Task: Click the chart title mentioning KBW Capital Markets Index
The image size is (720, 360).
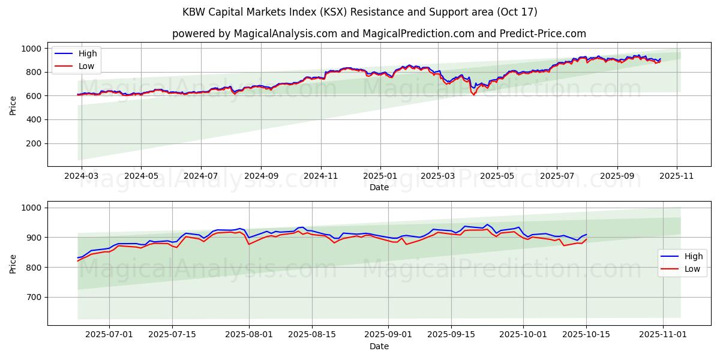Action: tap(360, 12)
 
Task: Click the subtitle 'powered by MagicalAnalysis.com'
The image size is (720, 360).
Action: tap(379, 34)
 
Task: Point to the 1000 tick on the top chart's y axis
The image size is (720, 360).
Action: tap(31, 49)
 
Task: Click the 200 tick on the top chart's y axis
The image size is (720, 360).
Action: tap(34, 143)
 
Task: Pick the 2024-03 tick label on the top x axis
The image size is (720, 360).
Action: tap(82, 176)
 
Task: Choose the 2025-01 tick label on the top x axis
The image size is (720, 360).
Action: tap(380, 176)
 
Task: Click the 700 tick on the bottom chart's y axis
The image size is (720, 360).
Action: tap(34, 297)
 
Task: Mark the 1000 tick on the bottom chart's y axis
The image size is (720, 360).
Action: tap(31, 208)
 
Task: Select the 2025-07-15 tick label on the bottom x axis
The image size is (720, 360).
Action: tap(172, 335)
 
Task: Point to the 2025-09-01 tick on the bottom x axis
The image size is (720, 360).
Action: tap(388, 335)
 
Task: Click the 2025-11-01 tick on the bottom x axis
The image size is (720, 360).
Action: tap(662, 335)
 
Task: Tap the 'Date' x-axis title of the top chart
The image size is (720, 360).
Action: tap(379, 187)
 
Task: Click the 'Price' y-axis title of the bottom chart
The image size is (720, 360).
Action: tap(13, 263)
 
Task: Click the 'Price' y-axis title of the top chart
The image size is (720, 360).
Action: tap(13, 104)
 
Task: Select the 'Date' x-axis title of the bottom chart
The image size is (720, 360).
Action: tap(379, 346)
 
